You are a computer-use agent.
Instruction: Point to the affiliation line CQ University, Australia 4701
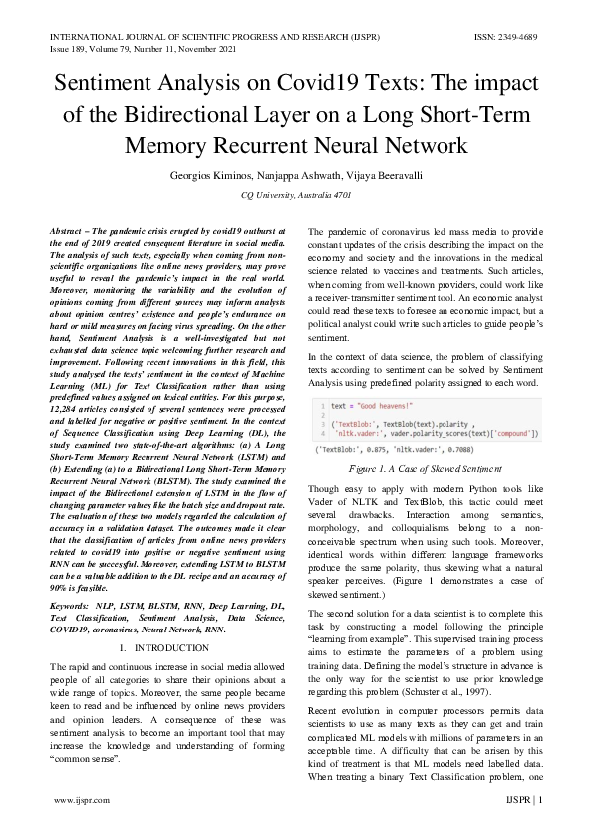click(x=297, y=196)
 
